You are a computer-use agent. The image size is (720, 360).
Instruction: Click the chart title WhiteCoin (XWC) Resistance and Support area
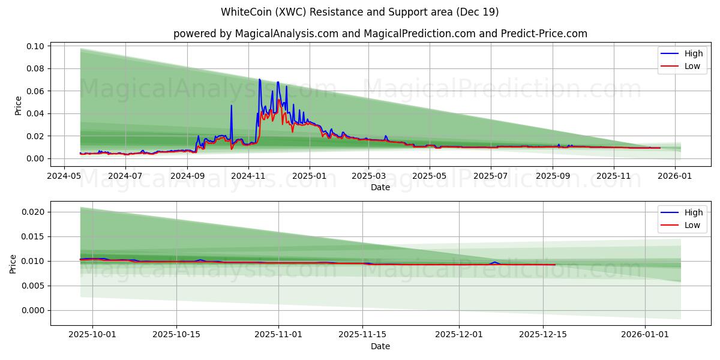[359, 12]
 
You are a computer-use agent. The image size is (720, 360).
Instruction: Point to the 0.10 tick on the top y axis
[35, 46]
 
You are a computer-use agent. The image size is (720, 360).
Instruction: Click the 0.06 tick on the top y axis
[35, 91]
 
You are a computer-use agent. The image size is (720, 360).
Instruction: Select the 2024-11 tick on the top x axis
[248, 176]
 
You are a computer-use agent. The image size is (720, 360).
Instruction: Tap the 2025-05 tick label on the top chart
[429, 176]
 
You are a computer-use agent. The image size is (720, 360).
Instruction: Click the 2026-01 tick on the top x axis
[675, 176]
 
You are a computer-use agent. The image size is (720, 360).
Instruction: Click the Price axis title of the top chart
[18, 106]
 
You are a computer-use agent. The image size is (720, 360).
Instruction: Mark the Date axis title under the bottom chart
[380, 346]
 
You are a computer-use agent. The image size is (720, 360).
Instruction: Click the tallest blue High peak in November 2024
[259, 80]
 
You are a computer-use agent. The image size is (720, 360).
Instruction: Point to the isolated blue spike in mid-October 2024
[232, 106]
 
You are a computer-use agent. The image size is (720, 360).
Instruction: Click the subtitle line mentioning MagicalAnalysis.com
[380, 34]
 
